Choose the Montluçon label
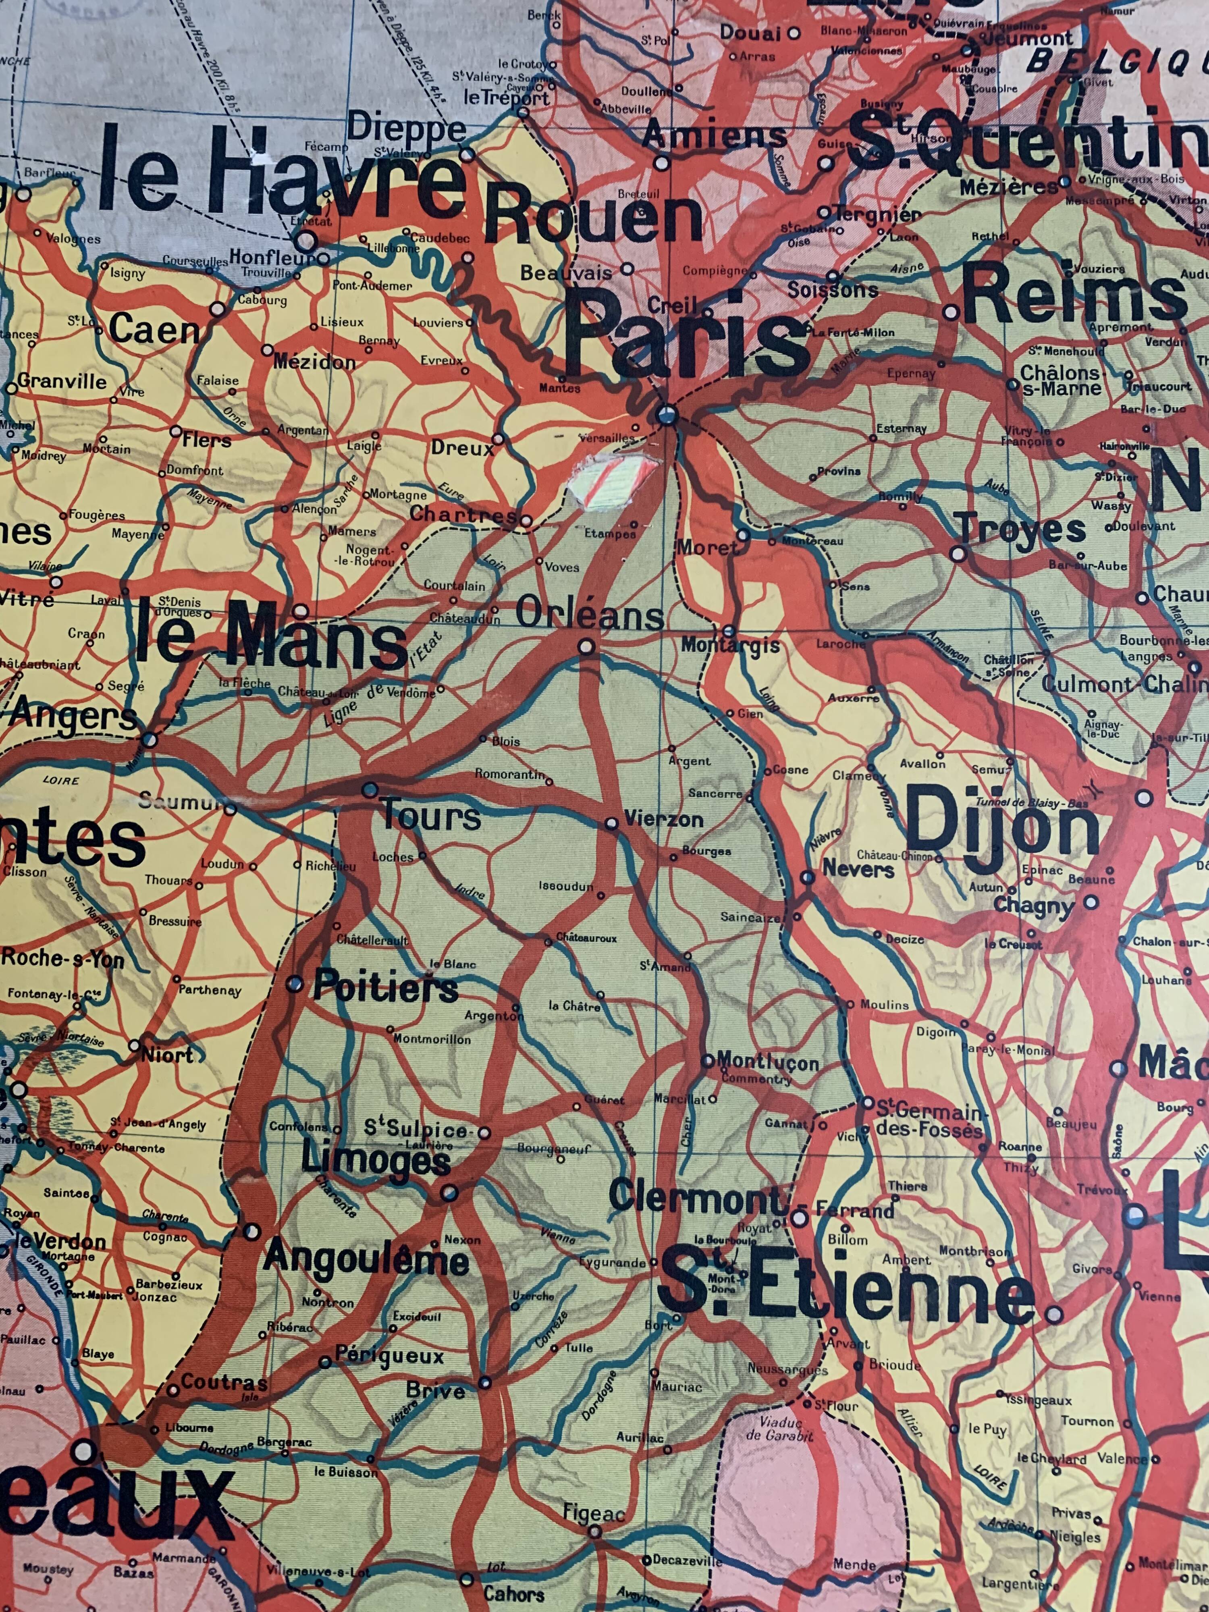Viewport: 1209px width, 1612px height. coord(768,1062)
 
